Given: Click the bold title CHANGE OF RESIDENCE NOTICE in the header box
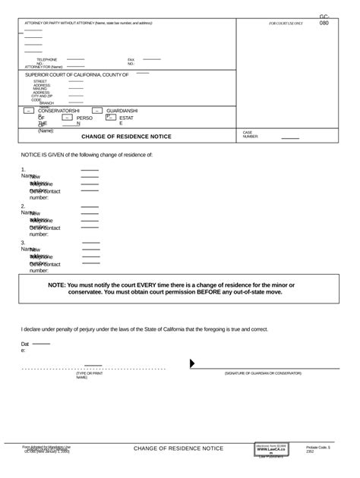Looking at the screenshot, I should [126, 137].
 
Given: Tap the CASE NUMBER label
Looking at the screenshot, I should [251, 134].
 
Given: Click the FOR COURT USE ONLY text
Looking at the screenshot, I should [286, 24].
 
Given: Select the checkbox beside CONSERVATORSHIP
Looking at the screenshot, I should [29, 111].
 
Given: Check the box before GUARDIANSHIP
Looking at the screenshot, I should [97, 111].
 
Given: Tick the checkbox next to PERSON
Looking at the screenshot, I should [67, 118].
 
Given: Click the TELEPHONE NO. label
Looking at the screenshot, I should [46, 61].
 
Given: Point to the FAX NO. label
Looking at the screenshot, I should [131, 61].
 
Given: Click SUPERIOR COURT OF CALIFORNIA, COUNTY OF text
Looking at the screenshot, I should [77, 75].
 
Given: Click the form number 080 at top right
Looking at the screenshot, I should [324, 23].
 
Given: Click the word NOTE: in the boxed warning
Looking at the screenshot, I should [57, 285].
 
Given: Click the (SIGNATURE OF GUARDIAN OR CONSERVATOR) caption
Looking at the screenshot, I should [263, 373].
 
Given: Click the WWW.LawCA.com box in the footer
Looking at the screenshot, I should [272, 450].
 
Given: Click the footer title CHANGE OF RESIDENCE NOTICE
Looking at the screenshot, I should [178, 448].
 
